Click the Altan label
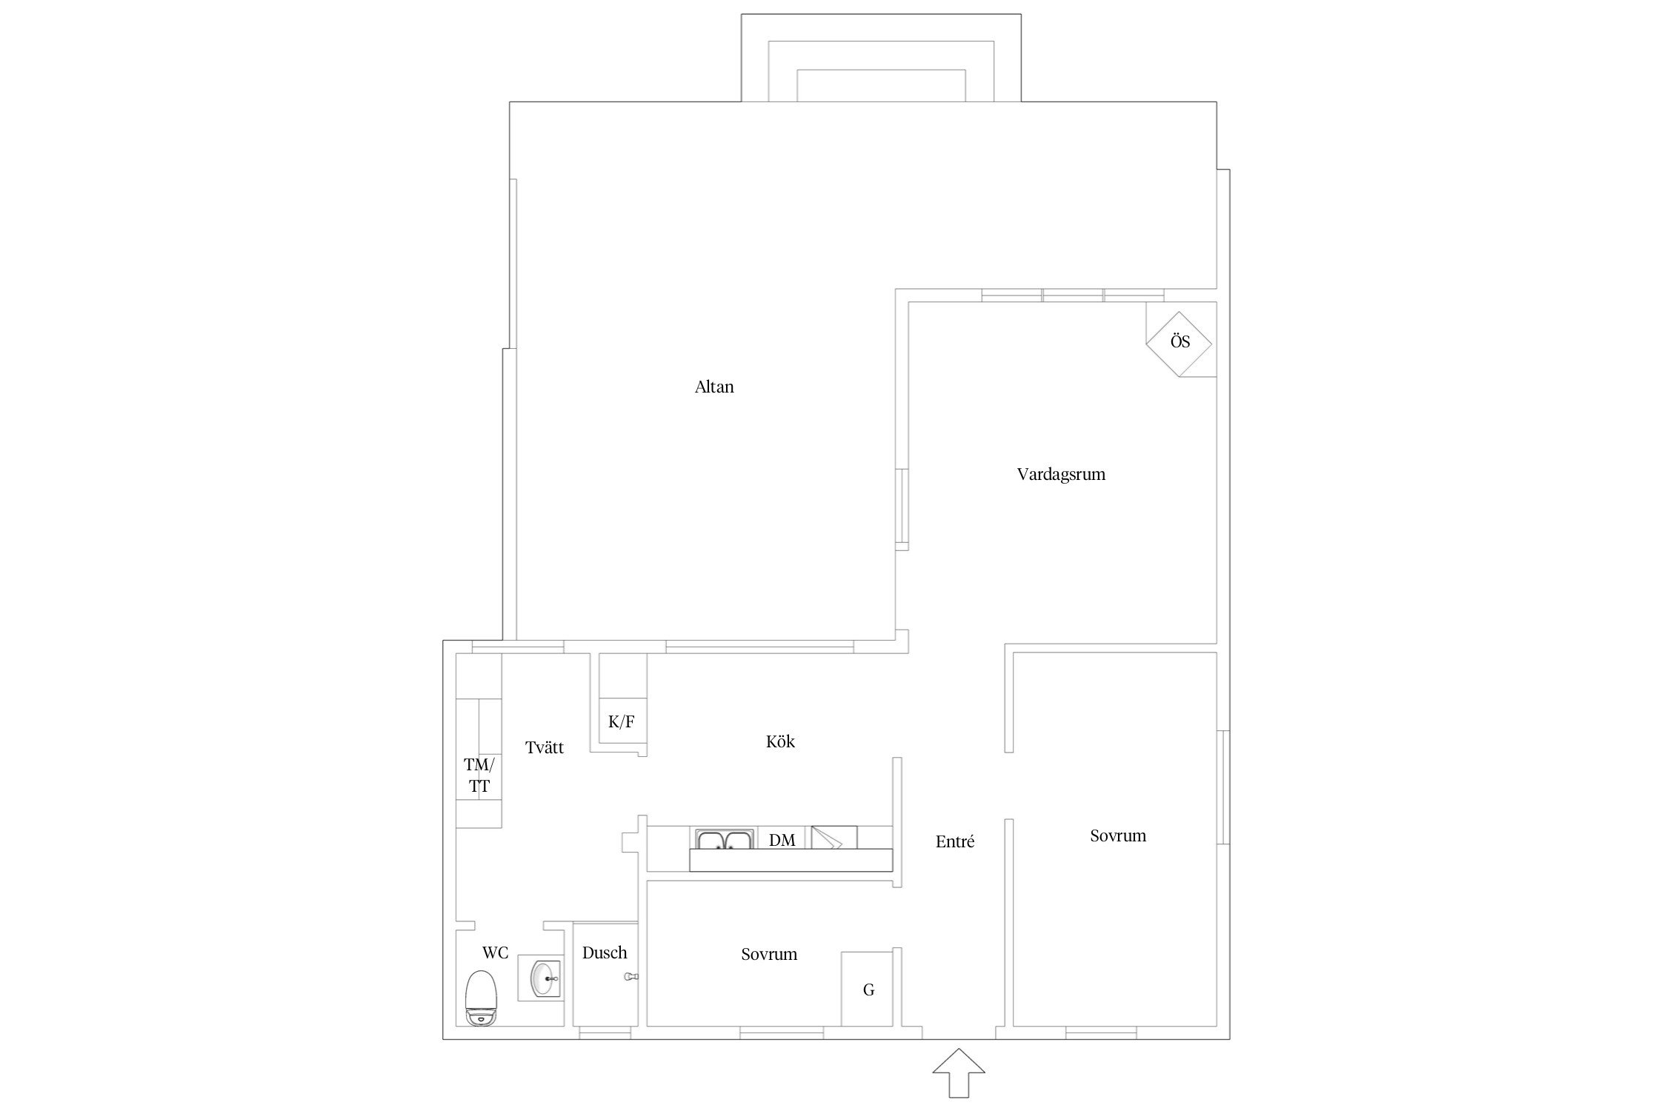pos(714,387)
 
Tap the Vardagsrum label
pos(1061,474)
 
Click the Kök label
pos(780,741)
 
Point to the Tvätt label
pos(545,748)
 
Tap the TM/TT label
pos(479,775)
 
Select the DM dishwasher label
pos(782,840)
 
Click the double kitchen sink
pos(724,838)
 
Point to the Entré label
pos(955,841)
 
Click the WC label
pos(496,952)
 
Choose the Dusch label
pos(605,952)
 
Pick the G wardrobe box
pos(867,989)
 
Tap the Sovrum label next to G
pos(769,954)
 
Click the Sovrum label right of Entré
pos(1118,835)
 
